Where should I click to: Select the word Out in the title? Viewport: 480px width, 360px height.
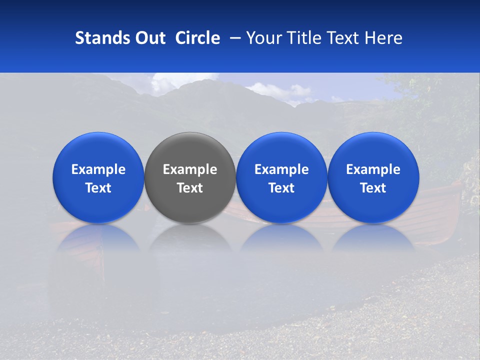[149, 38]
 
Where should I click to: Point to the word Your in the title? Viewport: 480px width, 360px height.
[263, 38]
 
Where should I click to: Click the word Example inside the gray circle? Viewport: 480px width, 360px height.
[190, 169]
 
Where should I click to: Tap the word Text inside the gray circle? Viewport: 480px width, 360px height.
[190, 188]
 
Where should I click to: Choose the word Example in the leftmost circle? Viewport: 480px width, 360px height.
[98, 169]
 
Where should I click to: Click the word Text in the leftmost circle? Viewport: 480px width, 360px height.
[98, 188]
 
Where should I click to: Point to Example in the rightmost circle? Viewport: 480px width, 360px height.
[373, 169]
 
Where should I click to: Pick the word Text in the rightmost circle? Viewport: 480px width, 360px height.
[373, 188]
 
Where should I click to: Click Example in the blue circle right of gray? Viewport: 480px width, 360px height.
[281, 169]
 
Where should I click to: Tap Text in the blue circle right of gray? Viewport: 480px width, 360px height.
[281, 188]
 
